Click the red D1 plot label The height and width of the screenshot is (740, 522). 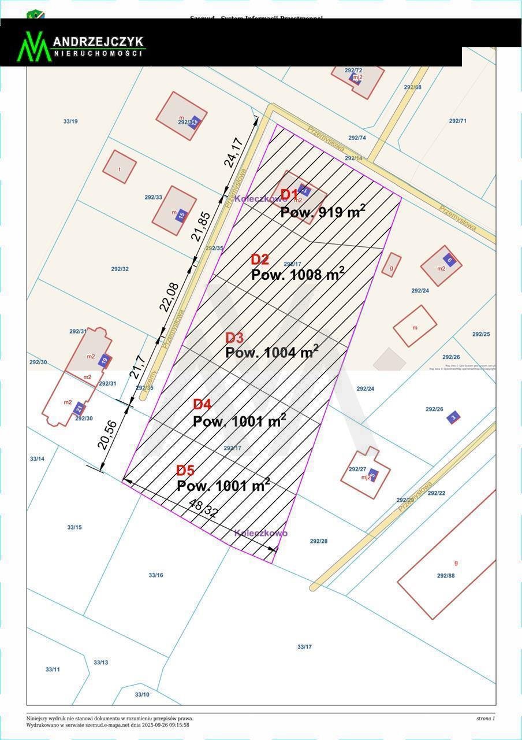click(289, 195)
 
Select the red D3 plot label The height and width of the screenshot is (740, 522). click(234, 338)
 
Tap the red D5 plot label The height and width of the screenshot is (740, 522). click(185, 471)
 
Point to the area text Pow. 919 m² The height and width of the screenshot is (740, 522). click(323, 212)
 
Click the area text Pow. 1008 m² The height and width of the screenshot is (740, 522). click(297, 274)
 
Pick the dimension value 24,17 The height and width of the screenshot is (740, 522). click(233, 152)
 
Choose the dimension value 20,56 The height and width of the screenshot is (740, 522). click(107, 435)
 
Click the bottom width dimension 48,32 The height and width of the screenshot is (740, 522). click(203, 508)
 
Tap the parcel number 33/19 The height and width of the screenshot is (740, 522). click(70, 121)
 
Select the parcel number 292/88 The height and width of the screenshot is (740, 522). click(446, 575)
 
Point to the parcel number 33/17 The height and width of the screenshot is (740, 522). click(304, 646)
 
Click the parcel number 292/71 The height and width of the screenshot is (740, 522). click(457, 121)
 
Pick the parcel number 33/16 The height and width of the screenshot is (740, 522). click(156, 575)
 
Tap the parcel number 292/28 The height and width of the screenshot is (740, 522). click(319, 541)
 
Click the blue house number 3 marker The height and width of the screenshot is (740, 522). click(453, 417)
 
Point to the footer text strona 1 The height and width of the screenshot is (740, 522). click(486, 719)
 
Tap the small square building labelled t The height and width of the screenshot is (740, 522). click(120, 167)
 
